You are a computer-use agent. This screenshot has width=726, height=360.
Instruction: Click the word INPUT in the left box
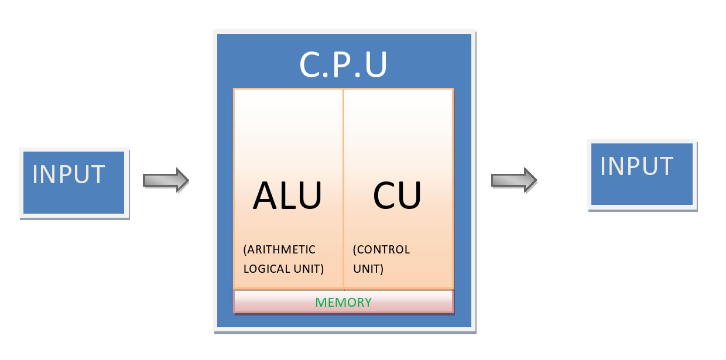coord(69,174)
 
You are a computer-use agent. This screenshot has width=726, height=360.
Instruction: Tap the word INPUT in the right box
coord(636,166)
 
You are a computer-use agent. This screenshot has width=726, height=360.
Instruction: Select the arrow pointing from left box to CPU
coord(166,180)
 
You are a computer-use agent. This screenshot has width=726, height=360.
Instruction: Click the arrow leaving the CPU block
coord(513,180)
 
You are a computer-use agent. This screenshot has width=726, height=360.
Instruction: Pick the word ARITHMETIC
coord(282,251)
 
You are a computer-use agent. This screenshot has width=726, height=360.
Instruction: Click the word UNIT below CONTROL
coord(367,269)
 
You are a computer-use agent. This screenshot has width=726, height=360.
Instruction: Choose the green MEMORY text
coord(343,303)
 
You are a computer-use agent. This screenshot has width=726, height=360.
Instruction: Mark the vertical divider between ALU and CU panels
coord(343,187)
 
